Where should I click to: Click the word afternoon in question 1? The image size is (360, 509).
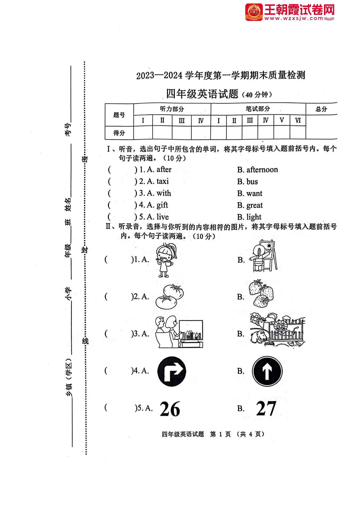[262, 170]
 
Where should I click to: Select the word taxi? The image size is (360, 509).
[163, 181]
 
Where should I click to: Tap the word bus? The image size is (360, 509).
[252, 182]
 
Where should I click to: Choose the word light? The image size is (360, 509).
[254, 217]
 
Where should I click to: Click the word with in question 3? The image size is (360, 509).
[164, 193]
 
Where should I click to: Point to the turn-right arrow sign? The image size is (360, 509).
[172, 371]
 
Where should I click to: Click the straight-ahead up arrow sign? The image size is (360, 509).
[267, 371]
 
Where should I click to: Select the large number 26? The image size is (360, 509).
[170, 409]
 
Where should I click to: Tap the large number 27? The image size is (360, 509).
[266, 409]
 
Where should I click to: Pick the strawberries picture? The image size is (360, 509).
[261, 294]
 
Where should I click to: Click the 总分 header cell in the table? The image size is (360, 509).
[321, 109]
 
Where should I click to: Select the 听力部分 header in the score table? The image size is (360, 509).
[172, 109]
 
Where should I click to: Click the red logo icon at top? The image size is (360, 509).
[254, 12]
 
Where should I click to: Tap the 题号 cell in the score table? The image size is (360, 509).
[119, 115]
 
